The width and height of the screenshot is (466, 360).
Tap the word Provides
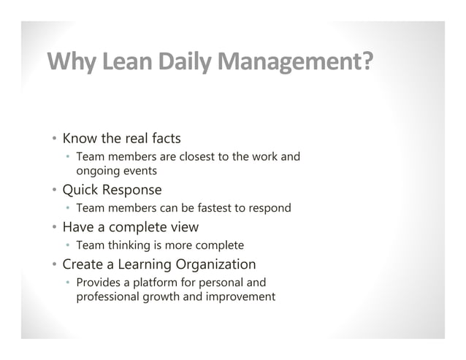tap(99, 283)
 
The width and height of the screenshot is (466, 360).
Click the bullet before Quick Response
tap(54, 191)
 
